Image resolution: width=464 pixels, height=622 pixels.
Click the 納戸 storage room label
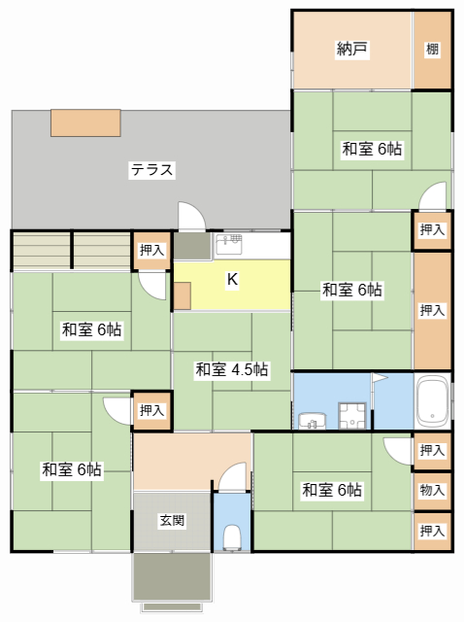(351, 50)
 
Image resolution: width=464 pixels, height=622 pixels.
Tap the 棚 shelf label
(432, 50)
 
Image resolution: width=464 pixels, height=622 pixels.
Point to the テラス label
(152, 170)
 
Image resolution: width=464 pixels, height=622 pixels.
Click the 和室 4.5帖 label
(231, 369)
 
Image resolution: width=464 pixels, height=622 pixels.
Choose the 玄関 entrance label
(172, 520)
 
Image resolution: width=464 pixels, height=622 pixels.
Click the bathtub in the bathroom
(432, 400)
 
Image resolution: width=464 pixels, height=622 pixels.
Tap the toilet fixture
(231, 536)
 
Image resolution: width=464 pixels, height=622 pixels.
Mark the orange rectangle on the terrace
(85, 121)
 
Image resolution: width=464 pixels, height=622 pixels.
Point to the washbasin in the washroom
(313, 420)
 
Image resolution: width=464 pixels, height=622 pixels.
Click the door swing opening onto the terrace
(190, 216)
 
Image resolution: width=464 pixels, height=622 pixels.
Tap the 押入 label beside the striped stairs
(151, 250)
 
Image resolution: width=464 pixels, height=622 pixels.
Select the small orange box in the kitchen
(182, 295)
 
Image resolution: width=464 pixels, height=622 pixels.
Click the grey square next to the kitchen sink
(191, 246)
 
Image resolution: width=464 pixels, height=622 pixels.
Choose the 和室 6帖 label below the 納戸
(372, 149)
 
